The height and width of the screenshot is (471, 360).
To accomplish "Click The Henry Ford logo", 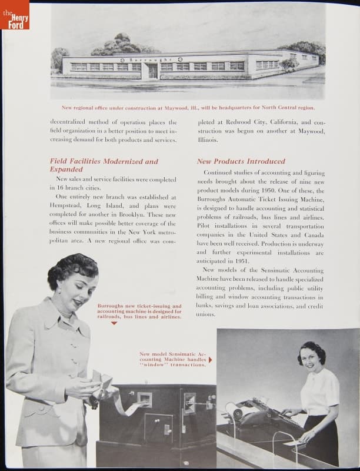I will [x=15, y=15].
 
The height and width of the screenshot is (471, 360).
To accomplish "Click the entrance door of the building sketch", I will [x=153, y=71].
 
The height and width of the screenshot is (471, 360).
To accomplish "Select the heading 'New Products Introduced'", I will [x=241, y=161].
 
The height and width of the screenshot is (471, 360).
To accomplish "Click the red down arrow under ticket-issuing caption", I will [x=114, y=323].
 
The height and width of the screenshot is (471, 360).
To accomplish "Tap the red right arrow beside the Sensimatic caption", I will [x=211, y=360].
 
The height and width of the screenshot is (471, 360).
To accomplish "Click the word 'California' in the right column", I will [x=274, y=122].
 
